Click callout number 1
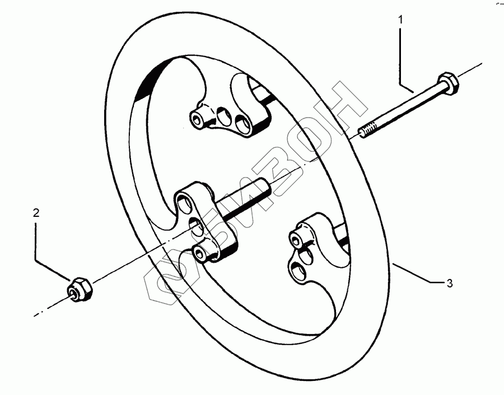tap(400, 21)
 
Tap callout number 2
tap(36, 213)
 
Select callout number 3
tap(449, 284)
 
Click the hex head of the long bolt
tap(449, 82)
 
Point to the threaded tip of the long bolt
tap(367, 132)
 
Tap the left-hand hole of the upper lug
tap(198, 119)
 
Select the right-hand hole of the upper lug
tap(243, 121)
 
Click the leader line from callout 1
tap(401, 56)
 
